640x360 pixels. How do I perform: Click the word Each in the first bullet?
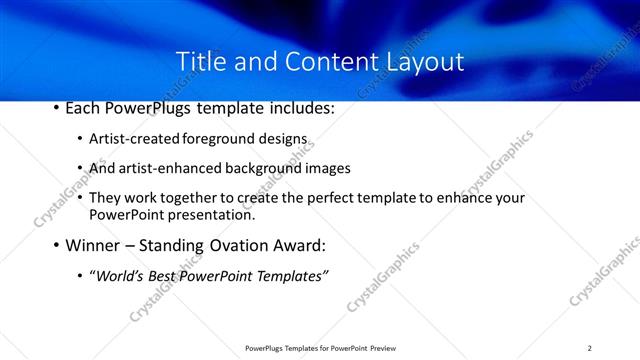(x=84, y=108)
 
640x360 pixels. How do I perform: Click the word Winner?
(x=93, y=245)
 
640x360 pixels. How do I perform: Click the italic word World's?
(x=117, y=275)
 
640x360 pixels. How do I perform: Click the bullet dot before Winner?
(x=55, y=245)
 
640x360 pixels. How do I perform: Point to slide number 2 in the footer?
(x=589, y=348)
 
